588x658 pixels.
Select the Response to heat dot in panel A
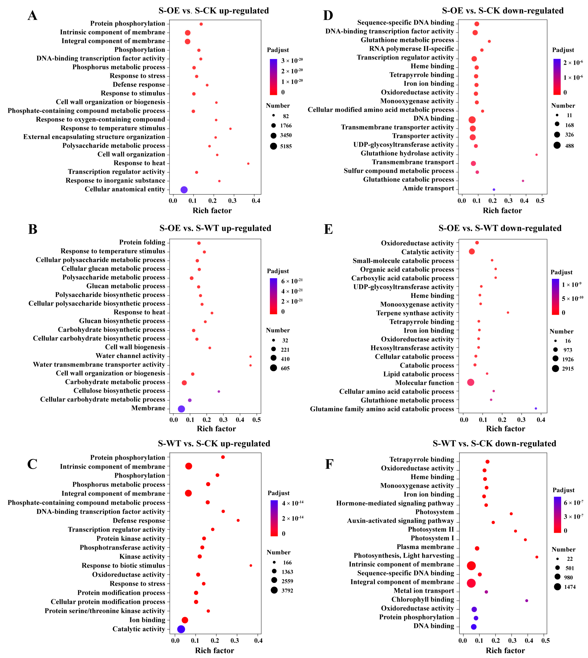point(248,164)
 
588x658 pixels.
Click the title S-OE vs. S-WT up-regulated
point(215,228)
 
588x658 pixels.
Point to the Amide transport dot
point(494,190)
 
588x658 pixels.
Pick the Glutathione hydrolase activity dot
point(536,155)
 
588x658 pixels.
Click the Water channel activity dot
point(250,356)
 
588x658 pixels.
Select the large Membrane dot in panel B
point(182,409)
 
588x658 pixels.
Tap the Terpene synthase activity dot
point(508,312)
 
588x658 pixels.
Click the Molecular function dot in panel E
point(471,382)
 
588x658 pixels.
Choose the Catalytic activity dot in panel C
point(181,629)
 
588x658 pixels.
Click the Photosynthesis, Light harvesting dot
point(537,557)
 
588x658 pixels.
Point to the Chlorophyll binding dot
point(527,601)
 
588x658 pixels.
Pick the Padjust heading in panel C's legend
point(279,493)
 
